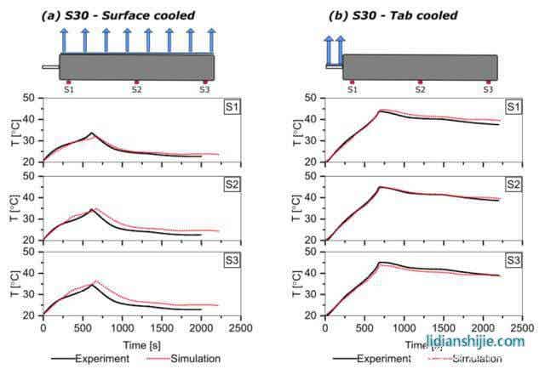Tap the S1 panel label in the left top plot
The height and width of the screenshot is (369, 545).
pyautogui.click(x=231, y=106)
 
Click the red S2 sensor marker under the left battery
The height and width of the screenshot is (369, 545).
pyautogui.click(x=136, y=82)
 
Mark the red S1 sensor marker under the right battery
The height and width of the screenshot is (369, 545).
pyautogui.click(x=352, y=82)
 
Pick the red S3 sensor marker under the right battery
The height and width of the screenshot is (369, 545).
pyautogui.click(x=488, y=82)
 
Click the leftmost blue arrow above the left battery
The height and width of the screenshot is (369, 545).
pyautogui.click(x=64, y=40)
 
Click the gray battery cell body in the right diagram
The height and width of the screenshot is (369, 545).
pyautogui.click(x=420, y=67)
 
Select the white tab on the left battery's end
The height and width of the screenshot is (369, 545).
pyautogui.click(x=50, y=66)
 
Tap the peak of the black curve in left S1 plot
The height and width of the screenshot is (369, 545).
pyautogui.click(x=92, y=133)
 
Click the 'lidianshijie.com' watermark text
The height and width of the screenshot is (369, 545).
pyautogui.click(x=481, y=341)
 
